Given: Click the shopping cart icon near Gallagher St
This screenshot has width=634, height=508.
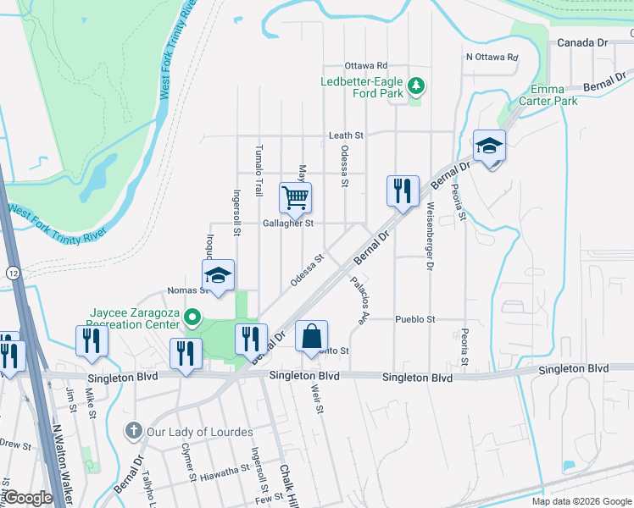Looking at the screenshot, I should click(x=295, y=198).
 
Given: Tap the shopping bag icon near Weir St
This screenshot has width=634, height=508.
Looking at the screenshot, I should click(x=311, y=336).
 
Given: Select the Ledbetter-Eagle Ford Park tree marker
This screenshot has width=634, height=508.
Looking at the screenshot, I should click(x=415, y=86).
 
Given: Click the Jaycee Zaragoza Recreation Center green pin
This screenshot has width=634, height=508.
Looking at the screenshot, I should click(x=192, y=319).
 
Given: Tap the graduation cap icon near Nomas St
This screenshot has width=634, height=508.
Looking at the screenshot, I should click(x=218, y=275).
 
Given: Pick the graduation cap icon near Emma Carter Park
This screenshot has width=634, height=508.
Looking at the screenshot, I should click(x=489, y=146).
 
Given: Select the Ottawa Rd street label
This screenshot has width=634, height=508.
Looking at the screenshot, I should click(x=365, y=65).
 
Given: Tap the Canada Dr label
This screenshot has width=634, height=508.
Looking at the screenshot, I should click(x=582, y=42).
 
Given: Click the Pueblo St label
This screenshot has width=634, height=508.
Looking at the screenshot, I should click(x=414, y=319).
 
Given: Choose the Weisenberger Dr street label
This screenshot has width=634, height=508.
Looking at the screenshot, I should click(x=430, y=236).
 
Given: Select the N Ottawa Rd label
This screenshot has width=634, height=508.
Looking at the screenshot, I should click(x=492, y=58).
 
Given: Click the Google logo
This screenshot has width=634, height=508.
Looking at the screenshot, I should click(x=28, y=498).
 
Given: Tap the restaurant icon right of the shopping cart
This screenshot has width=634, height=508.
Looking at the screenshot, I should click(x=403, y=190).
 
